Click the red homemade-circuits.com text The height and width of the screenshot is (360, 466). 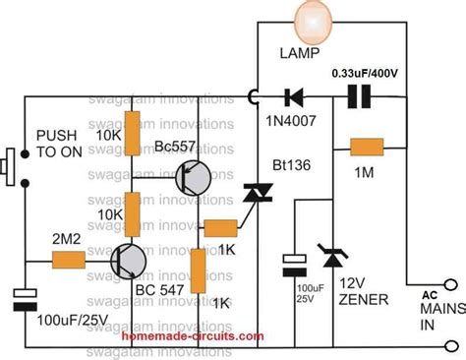193,337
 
